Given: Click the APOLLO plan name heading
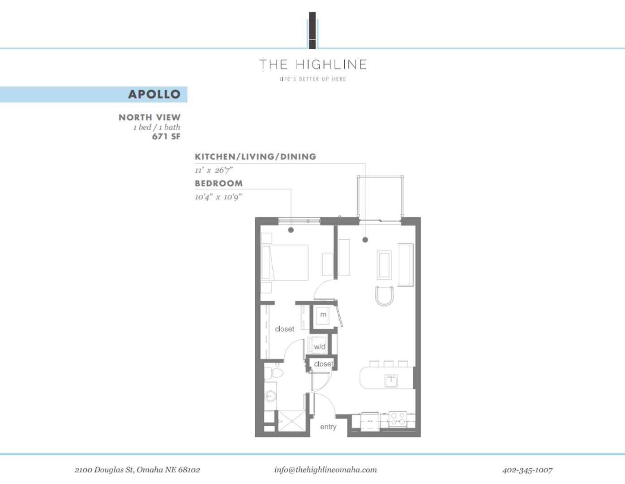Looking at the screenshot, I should point(154,94).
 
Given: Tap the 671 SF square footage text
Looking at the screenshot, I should point(166,137).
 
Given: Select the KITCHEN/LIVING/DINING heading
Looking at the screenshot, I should point(255,156).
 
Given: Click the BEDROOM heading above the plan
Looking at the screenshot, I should point(218,183).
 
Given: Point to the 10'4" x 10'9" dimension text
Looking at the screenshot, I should point(218,197).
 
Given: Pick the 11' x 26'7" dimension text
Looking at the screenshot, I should point(214,170).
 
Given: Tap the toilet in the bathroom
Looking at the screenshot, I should point(274,373).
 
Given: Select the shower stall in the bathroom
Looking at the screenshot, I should point(291,421).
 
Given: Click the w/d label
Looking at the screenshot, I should point(319,346).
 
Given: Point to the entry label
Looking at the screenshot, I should point(328,427).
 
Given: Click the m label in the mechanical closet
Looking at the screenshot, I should point(323,315).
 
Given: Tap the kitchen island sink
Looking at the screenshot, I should point(391,380).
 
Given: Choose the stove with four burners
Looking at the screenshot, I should point(398,419).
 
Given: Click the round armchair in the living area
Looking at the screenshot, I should point(384,296).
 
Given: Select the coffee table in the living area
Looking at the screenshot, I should point(384,265).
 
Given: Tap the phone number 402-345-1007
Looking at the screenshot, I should point(527,470).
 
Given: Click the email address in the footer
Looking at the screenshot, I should point(325,470).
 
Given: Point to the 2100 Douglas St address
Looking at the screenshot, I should point(137,470).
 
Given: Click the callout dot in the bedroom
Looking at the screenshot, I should point(291,230).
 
